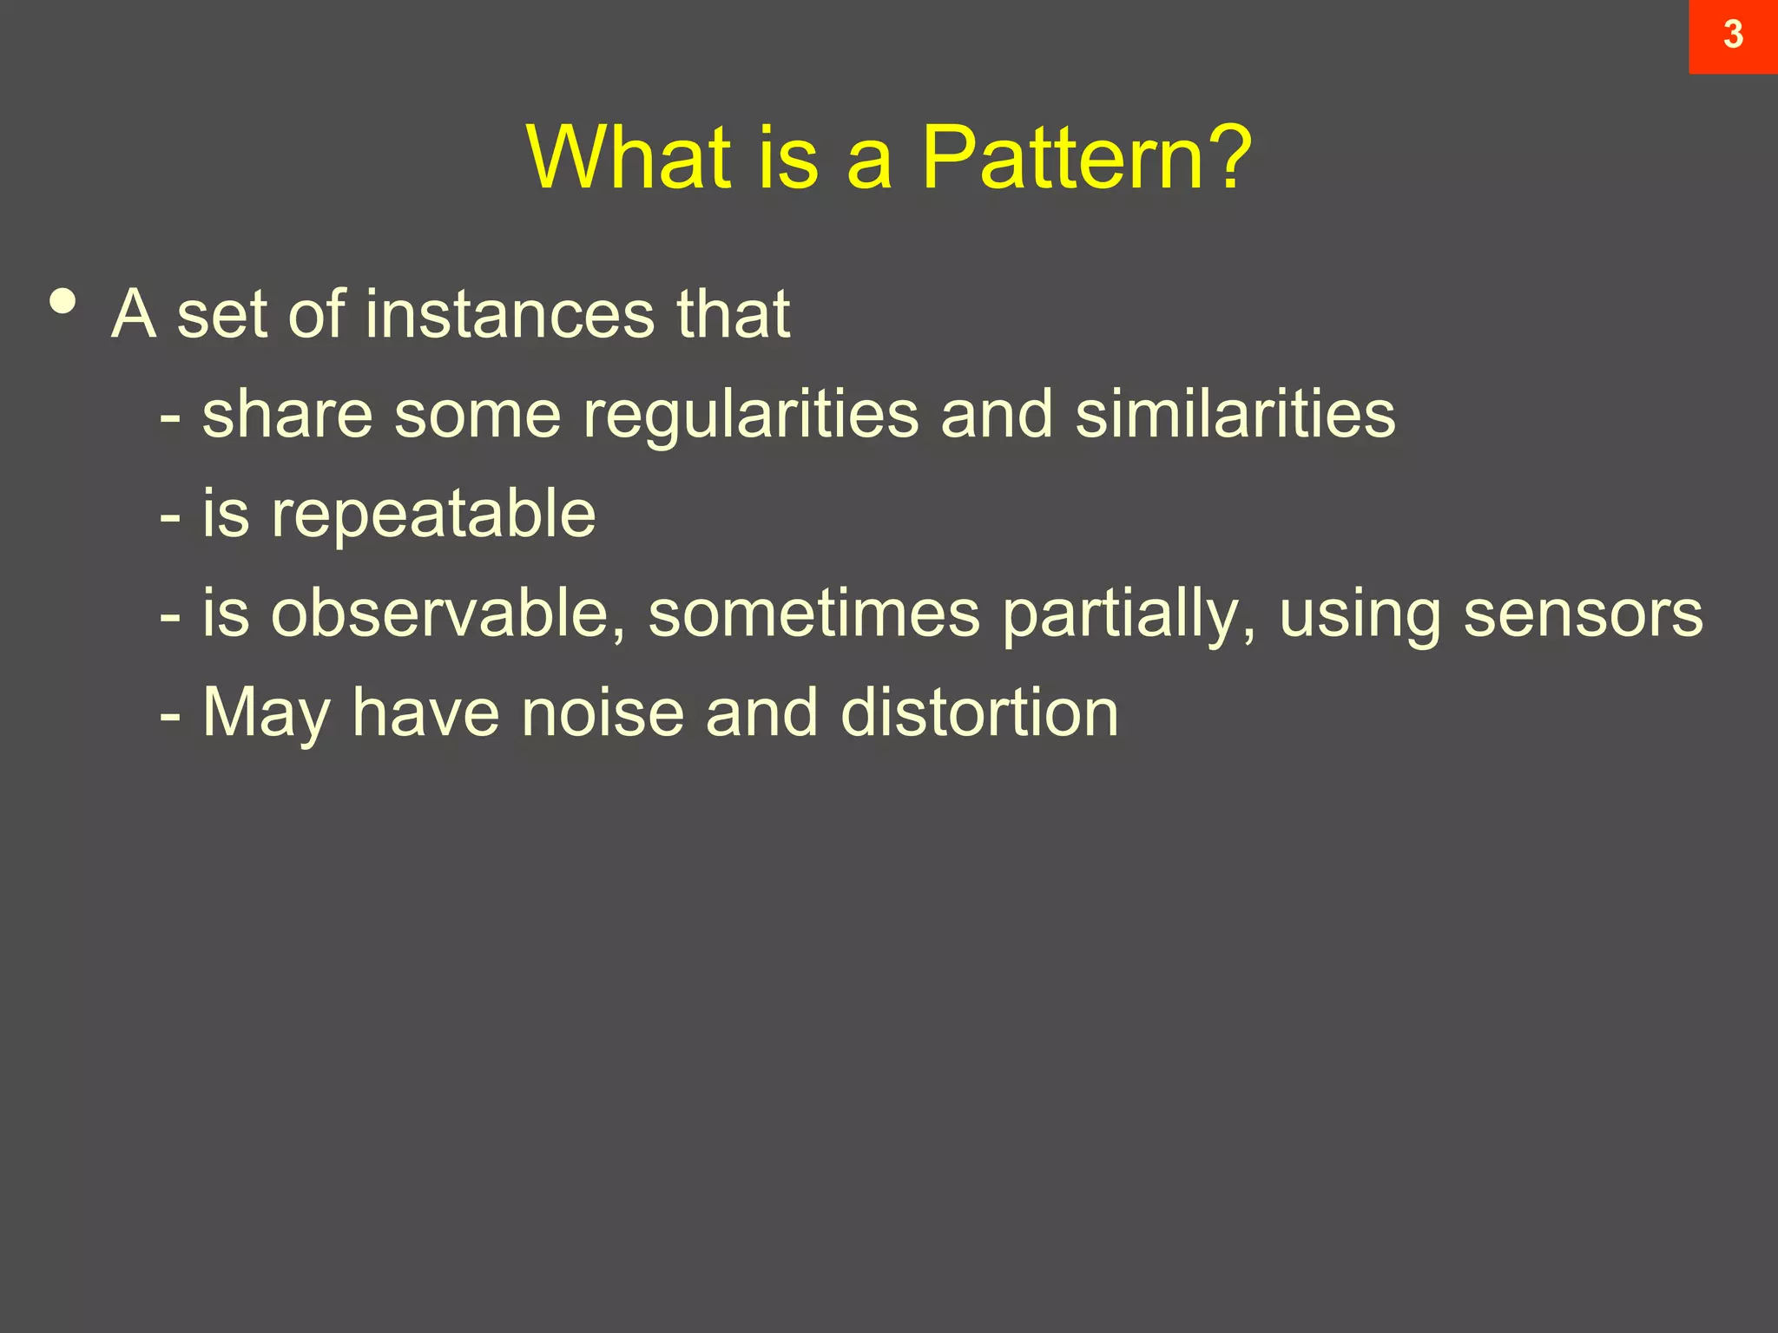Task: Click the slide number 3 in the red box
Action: (x=1733, y=36)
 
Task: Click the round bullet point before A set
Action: (x=63, y=302)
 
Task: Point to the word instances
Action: (x=510, y=314)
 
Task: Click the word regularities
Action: (x=751, y=415)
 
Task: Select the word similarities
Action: (x=1235, y=415)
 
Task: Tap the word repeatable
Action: (x=433, y=515)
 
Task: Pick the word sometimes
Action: (x=813, y=614)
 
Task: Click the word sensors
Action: (x=1583, y=614)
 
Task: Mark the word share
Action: (x=287, y=415)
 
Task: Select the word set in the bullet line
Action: (x=222, y=314)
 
